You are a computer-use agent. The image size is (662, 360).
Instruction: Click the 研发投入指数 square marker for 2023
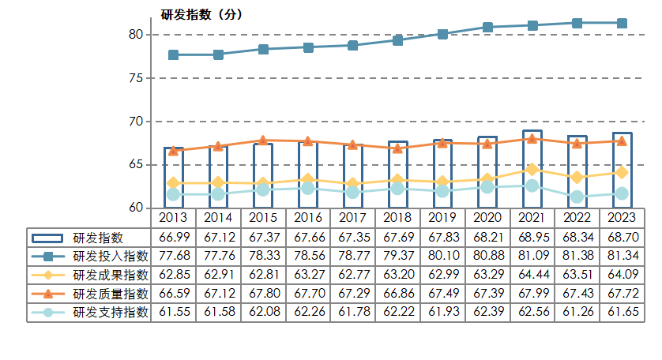[x=622, y=23]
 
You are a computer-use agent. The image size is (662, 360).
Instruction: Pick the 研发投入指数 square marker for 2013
[x=173, y=54]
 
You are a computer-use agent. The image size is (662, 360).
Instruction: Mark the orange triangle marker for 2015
[x=263, y=141]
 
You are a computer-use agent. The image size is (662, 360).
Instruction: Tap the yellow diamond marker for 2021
[x=532, y=169]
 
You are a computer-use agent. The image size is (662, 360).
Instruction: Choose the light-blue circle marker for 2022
[x=577, y=197]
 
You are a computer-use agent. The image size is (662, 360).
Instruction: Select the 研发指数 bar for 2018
[x=398, y=175]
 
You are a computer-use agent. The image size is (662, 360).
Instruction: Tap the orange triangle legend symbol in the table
[x=48, y=293]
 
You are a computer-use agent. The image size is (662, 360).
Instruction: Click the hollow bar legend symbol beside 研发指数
[x=48, y=238]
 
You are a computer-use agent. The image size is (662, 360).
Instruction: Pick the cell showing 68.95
[x=532, y=238]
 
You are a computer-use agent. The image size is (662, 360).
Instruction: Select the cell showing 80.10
[x=442, y=256]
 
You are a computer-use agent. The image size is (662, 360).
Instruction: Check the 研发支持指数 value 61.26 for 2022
[x=577, y=312]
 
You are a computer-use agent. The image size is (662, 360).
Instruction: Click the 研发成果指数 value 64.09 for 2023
[x=622, y=275]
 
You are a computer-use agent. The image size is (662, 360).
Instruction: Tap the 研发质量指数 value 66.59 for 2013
[x=173, y=293]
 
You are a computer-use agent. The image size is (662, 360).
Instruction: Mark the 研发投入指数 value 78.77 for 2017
[x=353, y=256]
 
